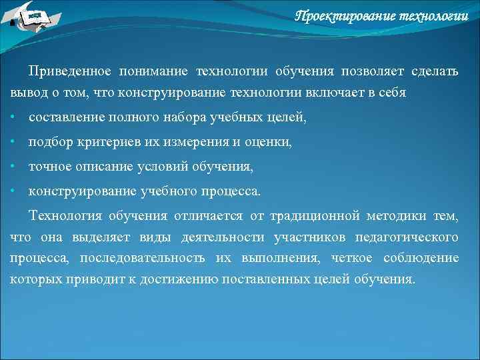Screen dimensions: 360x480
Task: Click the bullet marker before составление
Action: [x=13, y=118]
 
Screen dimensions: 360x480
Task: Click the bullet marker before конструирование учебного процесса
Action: [x=13, y=191]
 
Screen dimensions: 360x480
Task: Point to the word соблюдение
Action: [x=421, y=258]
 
